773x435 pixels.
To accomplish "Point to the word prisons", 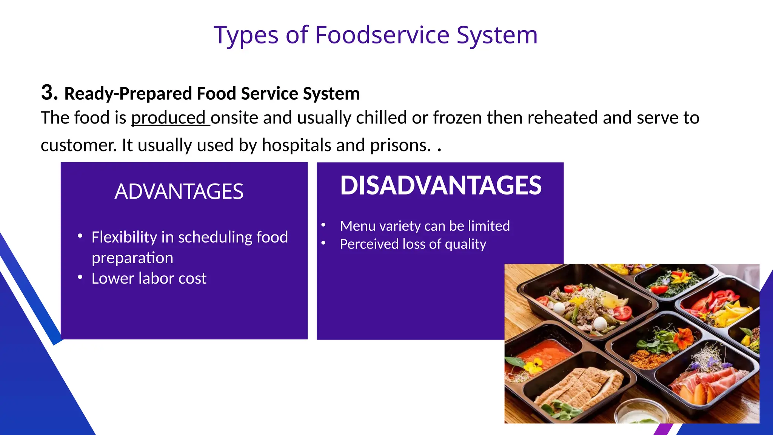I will [400, 145].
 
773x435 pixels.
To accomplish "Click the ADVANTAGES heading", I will [179, 191].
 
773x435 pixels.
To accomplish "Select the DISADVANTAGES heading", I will [440, 185].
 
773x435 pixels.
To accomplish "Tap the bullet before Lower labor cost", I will [80, 278].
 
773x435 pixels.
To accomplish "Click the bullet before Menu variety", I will [323, 225].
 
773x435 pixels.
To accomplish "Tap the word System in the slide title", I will [497, 35].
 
